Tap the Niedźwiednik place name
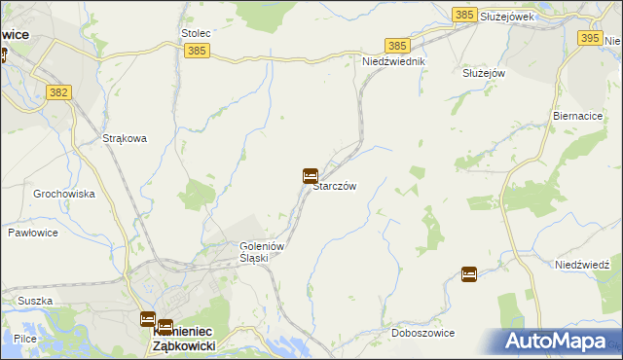394,60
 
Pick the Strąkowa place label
125,138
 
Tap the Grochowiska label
63,194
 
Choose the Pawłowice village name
34,233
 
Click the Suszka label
34,301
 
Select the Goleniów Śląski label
261,252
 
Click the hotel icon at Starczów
310,176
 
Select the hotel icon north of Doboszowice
469,274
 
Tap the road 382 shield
57,90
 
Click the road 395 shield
590,38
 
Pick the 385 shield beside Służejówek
464,16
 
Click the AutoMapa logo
559,341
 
